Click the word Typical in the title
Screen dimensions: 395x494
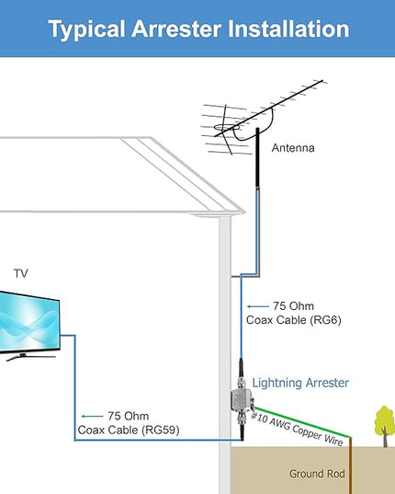(x=86, y=30)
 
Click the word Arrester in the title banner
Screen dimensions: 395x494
(x=176, y=29)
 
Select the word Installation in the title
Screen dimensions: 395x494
(x=288, y=29)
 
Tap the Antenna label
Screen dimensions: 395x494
(x=293, y=148)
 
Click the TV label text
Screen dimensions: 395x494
(x=21, y=273)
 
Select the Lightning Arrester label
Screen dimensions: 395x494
(x=300, y=383)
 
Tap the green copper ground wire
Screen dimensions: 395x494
(x=302, y=422)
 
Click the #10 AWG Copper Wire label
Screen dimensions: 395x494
(x=297, y=429)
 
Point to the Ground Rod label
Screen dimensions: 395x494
(x=317, y=474)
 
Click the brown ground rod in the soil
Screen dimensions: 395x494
(x=350, y=465)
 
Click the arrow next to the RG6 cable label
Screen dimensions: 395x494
(x=258, y=306)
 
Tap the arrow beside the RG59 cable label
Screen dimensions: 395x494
(x=92, y=416)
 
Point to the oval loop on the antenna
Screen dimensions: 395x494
(x=226, y=127)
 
